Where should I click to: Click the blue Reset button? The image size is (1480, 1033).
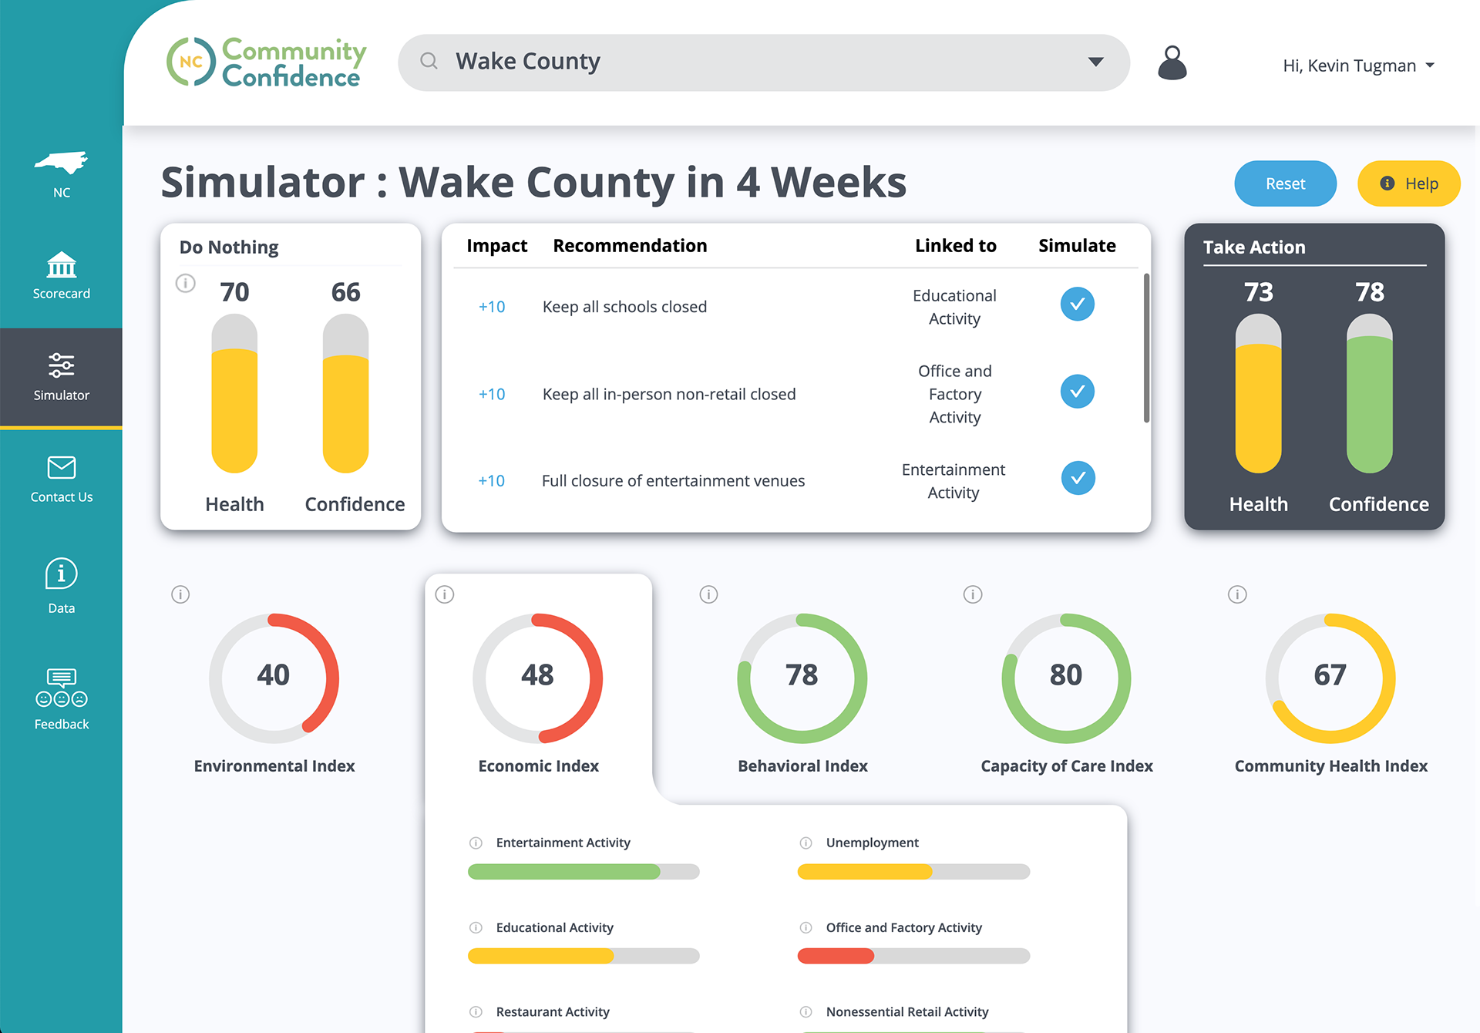tap(1285, 183)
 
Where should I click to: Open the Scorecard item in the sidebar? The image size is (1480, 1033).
tap(62, 275)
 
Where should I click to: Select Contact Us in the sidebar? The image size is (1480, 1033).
tap(62, 479)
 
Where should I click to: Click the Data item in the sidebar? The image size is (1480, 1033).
tap(62, 586)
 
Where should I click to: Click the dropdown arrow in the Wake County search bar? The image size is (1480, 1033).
tap(1095, 62)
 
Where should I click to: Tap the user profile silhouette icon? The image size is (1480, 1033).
tap(1172, 62)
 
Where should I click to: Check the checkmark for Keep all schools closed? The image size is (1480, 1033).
tap(1077, 304)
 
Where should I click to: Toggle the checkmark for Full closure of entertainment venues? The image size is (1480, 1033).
tap(1078, 478)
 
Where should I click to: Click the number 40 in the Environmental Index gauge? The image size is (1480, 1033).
tap(274, 675)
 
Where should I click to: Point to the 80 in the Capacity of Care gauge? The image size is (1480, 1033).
tap(1066, 675)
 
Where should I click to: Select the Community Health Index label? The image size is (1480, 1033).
tap(1330, 765)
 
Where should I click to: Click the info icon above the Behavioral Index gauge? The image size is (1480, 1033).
tap(708, 594)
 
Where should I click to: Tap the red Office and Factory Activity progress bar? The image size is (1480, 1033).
tap(836, 956)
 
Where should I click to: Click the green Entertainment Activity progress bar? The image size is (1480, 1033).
tap(564, 872)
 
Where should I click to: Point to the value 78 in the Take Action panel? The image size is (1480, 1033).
tap(1370, 292)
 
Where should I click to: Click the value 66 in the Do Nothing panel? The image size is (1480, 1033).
tap(345, 292)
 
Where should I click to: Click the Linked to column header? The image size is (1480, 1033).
tap(955, 246)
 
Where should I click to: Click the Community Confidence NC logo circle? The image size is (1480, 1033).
tap(191, 62)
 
